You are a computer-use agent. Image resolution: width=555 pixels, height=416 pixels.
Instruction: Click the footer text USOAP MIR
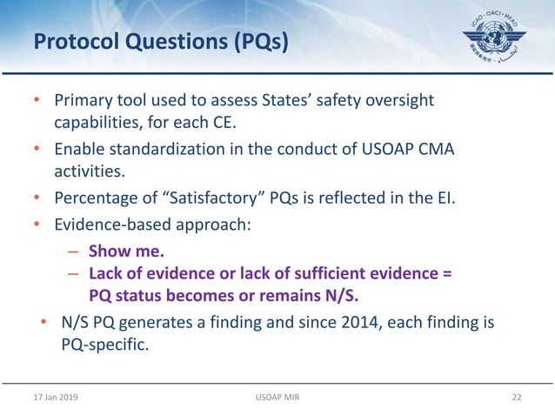(x=277, y=397)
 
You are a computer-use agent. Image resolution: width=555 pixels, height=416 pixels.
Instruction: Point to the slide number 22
(x=517, y=397)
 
